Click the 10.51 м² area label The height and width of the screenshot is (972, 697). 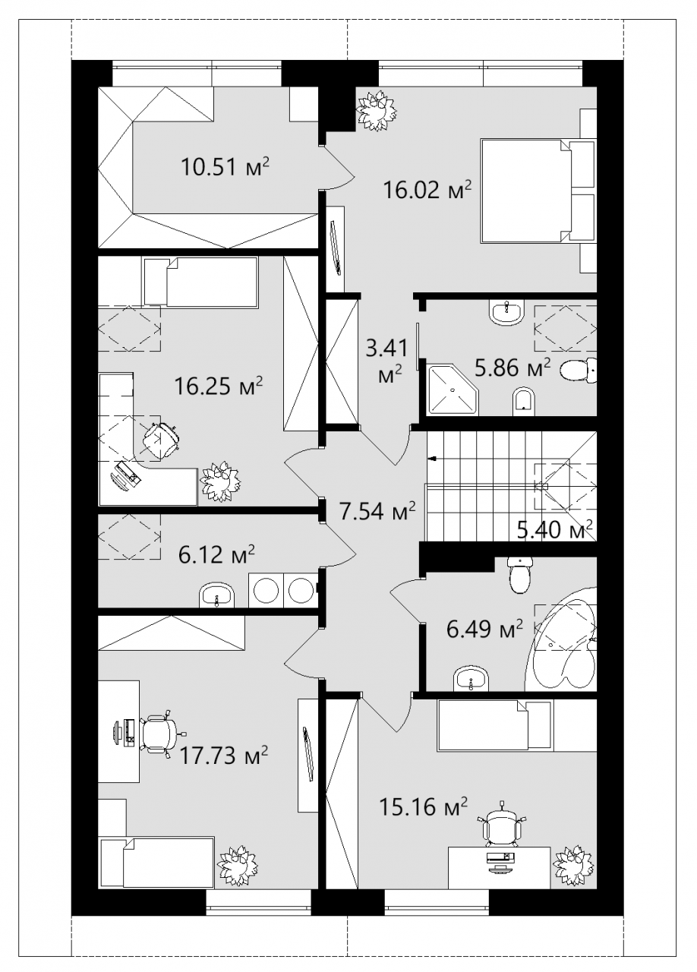pos(225,166)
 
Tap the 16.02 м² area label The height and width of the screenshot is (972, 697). pos(427,190)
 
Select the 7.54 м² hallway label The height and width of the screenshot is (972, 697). pos(377,511)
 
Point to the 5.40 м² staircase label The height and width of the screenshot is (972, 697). pos(555,529)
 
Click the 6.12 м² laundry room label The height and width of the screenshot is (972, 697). pos(216,554)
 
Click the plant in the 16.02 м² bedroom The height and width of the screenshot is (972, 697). pos(377,110)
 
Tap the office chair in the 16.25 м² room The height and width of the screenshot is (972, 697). pos(160,440)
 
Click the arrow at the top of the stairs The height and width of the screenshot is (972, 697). pos(433,458)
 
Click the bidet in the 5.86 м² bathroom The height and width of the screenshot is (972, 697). pos(525,402)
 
